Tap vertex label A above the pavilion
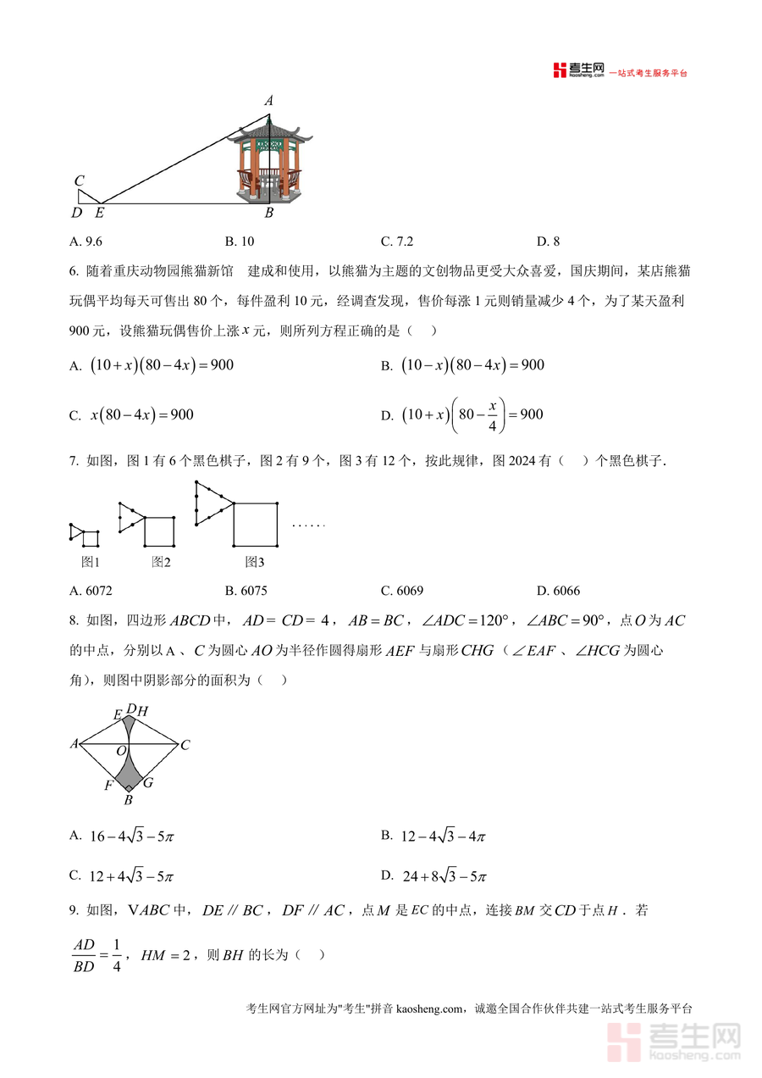click(x=269, y=101)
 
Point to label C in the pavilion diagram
click(x=79, y=181)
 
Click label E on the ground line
click(x=99, y=213)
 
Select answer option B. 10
click(x=240, y=242)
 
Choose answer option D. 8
click(x=548, y=242)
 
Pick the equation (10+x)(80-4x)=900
click(x=161, y=365)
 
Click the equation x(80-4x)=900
click(x=142, y=414)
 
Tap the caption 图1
click(x=91, y=562)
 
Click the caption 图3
click(x=255, y=562)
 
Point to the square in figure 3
click(x=255, y=525)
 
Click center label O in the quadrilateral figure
click(x=122, y=751)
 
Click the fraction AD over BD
click(x=84, y=955)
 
